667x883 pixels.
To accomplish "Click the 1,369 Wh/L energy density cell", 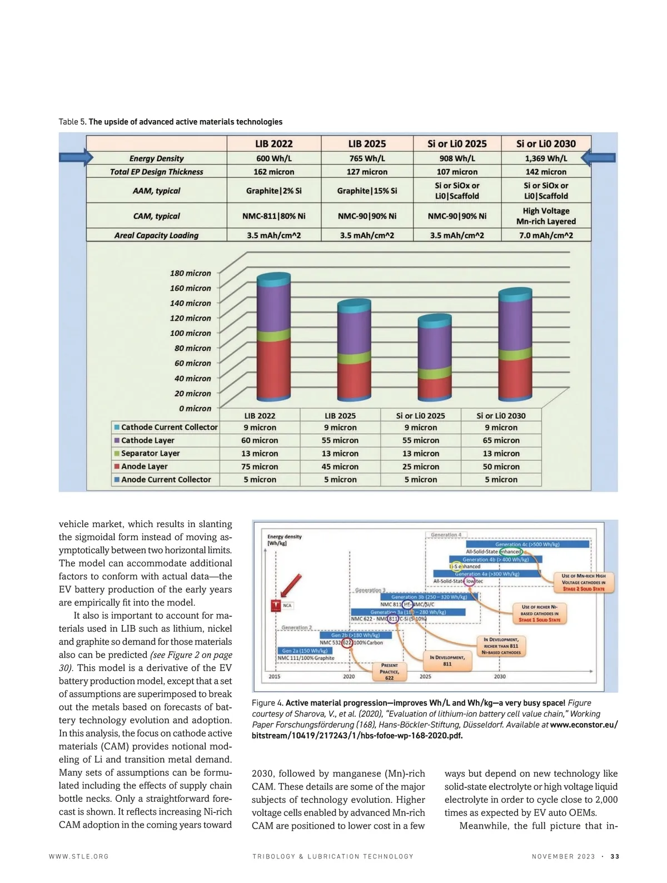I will pos(546,158).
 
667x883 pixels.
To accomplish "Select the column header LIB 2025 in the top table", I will pos(367,143).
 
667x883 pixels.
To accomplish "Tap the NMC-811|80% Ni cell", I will pos(273,216).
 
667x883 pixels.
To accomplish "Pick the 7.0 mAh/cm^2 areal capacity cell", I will pos(546,235).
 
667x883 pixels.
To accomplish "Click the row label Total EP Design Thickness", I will pos(156,172).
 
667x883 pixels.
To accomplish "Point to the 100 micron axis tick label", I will pos(190,333).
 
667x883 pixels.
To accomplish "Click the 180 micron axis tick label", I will pos(190,273).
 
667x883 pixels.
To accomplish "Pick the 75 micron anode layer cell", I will pos(260,467).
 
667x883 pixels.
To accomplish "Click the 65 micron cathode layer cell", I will pos(501,440).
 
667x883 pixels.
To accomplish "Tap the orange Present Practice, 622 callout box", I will pos(389,671).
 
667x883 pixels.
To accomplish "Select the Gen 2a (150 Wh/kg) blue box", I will pos(305,651).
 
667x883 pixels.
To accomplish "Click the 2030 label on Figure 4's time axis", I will pos(500,677).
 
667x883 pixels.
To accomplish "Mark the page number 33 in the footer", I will pos(615,856).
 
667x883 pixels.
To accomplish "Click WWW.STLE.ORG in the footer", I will pos(79,856).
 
